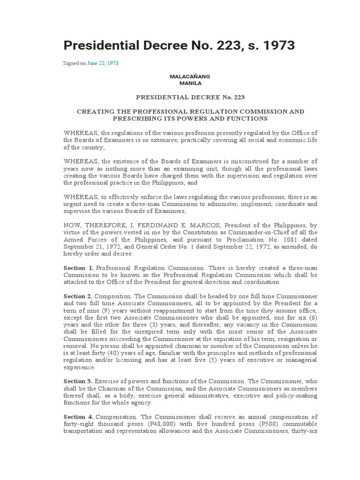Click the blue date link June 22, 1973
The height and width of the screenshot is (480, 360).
(103, 63)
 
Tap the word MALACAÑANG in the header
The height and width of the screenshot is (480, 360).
(190, 76)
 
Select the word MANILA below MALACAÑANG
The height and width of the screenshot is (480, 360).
(190, 83)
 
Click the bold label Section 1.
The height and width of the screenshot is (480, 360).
(79, 267)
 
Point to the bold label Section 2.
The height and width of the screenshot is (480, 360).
(79, 297)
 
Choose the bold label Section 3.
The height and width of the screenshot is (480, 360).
(79, 382)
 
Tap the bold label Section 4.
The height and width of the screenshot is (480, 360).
(79, 417)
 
